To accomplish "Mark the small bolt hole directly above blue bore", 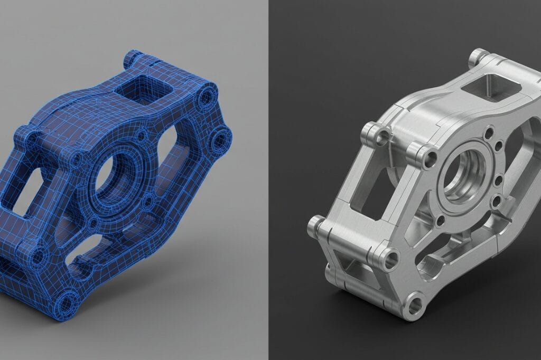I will tap(141, 137).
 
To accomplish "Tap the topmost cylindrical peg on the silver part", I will tap(479, 55).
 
